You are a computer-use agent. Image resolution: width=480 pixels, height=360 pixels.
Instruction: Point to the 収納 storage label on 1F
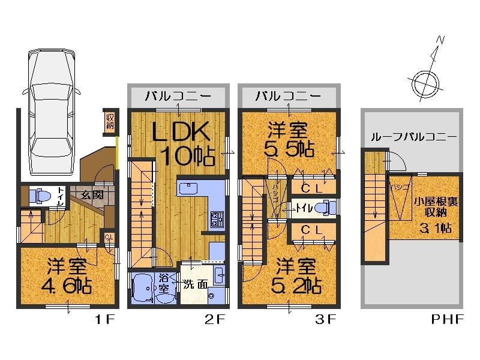pyautogui.click(x=110, y=122)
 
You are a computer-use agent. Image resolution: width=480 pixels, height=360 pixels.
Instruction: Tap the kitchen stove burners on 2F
pyautogui.click(x=216, y=217)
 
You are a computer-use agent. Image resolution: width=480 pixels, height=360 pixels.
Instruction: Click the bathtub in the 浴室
pyautogui.click(x=143, y=287)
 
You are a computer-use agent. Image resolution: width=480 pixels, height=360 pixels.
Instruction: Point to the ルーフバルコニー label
pyautogui.click(x=414, y=137)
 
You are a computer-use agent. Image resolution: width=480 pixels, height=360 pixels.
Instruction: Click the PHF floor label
pyautogui.click(x=447, y=320)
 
